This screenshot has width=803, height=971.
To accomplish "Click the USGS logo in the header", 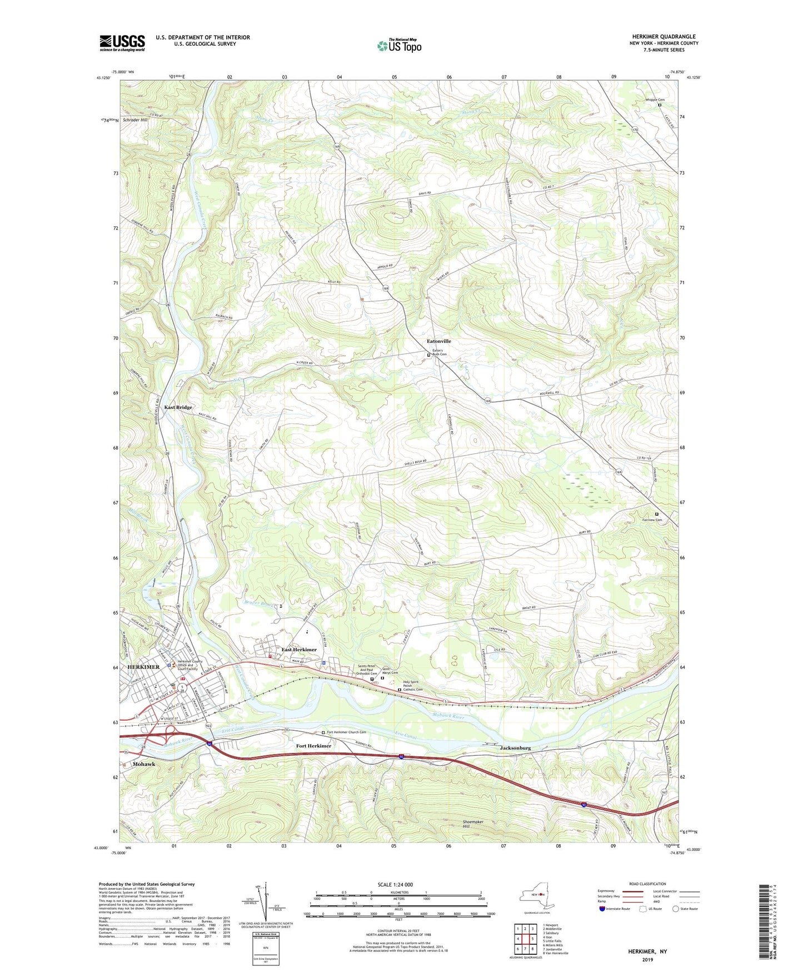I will point(122,43).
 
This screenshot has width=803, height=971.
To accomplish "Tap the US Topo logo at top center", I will point(398,45).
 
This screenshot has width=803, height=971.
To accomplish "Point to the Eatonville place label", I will point(438,341).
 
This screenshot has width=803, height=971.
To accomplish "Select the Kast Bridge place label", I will point(178,407).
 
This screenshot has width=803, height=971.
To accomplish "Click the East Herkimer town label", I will point(298,650).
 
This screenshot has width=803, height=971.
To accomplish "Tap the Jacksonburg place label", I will point(512,748).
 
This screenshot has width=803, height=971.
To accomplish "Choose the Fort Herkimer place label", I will point(313,746).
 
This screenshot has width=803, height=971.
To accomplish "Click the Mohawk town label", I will point(144,764).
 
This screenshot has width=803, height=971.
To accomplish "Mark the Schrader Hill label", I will point(135,120).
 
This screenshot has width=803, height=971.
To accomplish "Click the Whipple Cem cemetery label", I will point(655,100).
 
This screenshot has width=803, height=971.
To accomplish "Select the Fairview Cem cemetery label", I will point(652,520).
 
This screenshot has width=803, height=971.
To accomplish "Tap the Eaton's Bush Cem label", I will point(440,352).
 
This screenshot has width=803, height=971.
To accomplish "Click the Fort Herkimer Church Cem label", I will point(346,732).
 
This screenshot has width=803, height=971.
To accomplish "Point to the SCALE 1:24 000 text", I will point(395,885).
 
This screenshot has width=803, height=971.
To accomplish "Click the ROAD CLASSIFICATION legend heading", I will point(647,884).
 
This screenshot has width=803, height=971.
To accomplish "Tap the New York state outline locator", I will point(536,896).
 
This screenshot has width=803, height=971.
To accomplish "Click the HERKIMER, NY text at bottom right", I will point(647,952).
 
